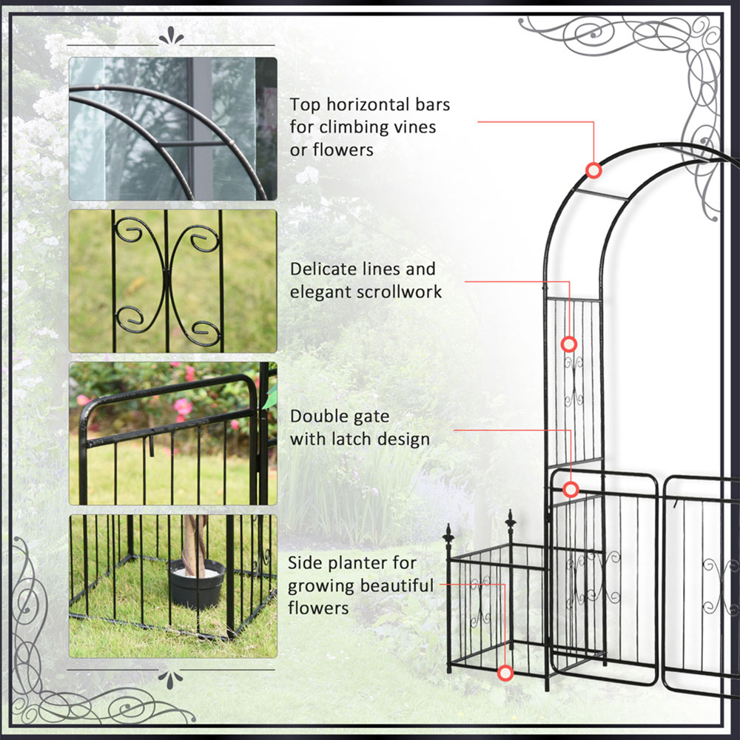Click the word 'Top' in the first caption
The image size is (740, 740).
click(x=304, y=105)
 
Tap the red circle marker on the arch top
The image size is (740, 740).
click(x=593, y=170)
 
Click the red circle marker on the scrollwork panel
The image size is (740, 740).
click(x=568, y=345)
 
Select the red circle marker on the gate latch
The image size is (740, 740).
click(x=571, y=490)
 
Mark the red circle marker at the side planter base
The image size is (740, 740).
click(x=505, y=673)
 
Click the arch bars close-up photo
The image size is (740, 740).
click(x=172, y=129)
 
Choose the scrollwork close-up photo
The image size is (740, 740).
click(x=172, y=281)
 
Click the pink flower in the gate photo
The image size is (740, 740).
click(x=183, y=406)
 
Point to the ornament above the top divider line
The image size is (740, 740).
click(x=171, y=36)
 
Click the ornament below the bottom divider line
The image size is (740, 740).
click(x=170, y=679)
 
